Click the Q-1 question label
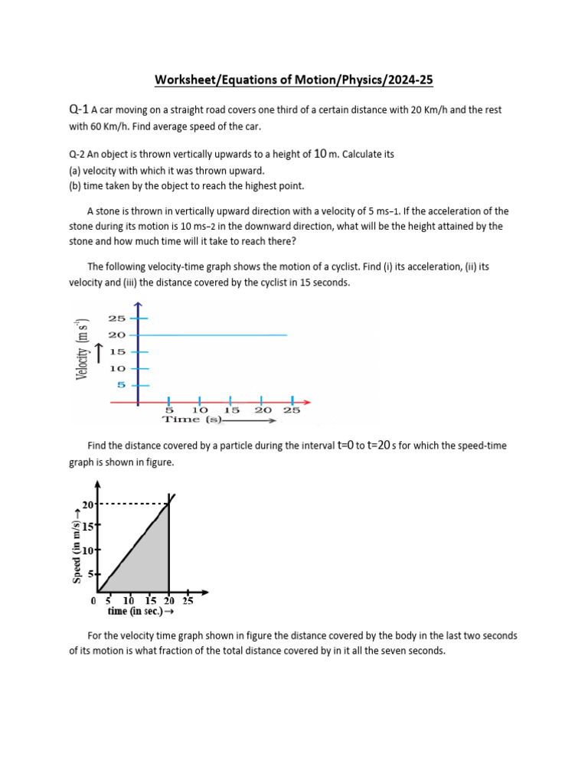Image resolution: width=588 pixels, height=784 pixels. click(x=79, y=110)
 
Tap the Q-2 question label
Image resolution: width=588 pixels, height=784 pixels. click(x=79, y=155)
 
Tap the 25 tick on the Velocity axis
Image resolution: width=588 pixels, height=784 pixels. click(x=116, y=318)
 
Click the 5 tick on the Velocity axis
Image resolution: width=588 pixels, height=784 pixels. click(x=120, y=385)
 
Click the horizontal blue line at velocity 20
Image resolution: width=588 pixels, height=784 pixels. click(x=214, y=335)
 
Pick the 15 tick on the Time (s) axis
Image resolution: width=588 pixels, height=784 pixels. click(x=230, y=410)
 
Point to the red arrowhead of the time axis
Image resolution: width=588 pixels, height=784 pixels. click(x=306, y=400)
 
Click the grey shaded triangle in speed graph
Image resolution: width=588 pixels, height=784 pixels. click(x=149, y=563)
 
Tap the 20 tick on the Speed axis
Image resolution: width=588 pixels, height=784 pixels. click(x=87, y=505)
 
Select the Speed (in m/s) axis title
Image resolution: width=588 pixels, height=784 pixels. click(x=77, y=540)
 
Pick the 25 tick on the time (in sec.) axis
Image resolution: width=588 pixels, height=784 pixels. click(x=188, y=602)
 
